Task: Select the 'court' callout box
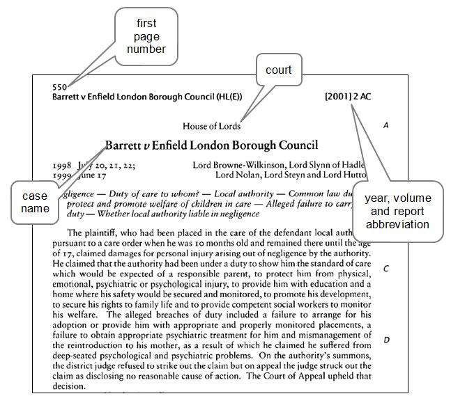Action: coord(278,70)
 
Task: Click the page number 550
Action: coord(59,88)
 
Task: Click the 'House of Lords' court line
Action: coord(211,126)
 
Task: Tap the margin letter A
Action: coord(385,125)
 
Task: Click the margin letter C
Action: coord(385,268)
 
